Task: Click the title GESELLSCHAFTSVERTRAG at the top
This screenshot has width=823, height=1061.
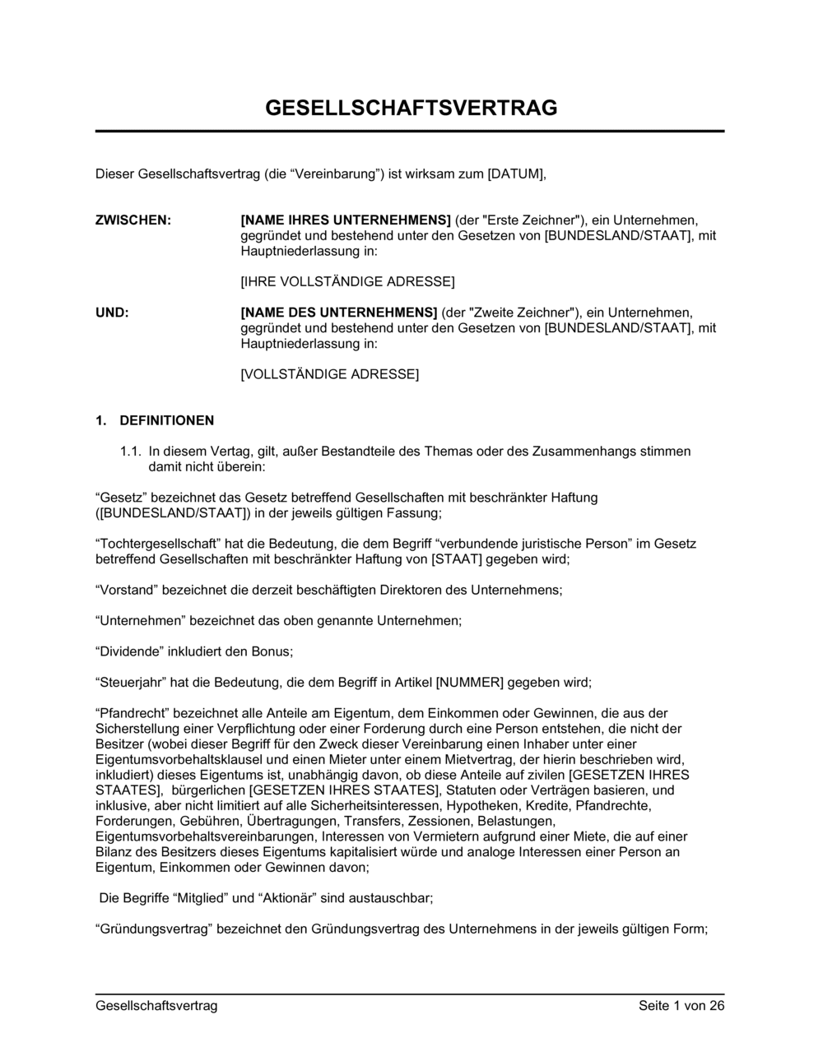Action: click(411, 108)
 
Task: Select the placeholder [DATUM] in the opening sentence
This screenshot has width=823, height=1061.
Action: click(516, 174)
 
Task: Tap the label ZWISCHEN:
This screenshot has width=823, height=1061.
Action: click(133, 220)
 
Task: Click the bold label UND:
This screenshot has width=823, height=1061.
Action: click(113, 313)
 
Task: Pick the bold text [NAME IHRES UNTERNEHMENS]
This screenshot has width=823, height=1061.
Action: click(346, 220)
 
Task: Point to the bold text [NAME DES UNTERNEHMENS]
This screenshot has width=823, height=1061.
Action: click(339, 313)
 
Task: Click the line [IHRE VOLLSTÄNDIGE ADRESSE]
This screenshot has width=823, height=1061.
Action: click(347, 282)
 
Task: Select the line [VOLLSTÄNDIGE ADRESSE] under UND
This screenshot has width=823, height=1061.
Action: click(329, 374)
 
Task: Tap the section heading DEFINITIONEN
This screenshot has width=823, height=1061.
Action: click(166, 420)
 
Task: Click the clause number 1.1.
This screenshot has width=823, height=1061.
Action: click(132, 451)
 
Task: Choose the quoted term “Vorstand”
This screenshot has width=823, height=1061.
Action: click(128, 590)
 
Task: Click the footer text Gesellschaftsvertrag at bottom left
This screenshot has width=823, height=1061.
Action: click(156, 1006)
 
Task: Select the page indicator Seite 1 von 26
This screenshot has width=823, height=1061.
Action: click(681, 1006)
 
